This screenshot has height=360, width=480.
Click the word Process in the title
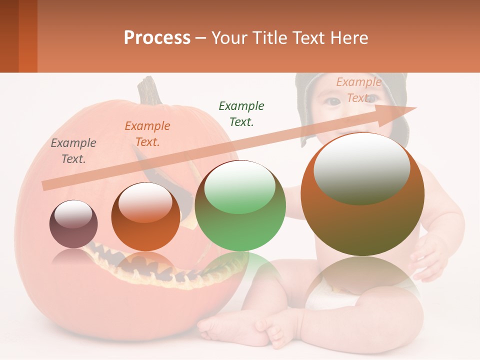coord(157,37)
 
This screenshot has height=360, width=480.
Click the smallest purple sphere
coord(73,224)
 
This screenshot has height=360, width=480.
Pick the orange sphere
coord(145,217)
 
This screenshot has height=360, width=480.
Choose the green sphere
coord(240,206)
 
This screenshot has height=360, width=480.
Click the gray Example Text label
coord(73,151)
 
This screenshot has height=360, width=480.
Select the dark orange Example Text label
coord(147,134)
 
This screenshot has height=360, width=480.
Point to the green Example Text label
coord(241,113)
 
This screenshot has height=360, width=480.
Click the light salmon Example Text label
coord(358,90)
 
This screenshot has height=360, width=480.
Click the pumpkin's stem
coord(149,90)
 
